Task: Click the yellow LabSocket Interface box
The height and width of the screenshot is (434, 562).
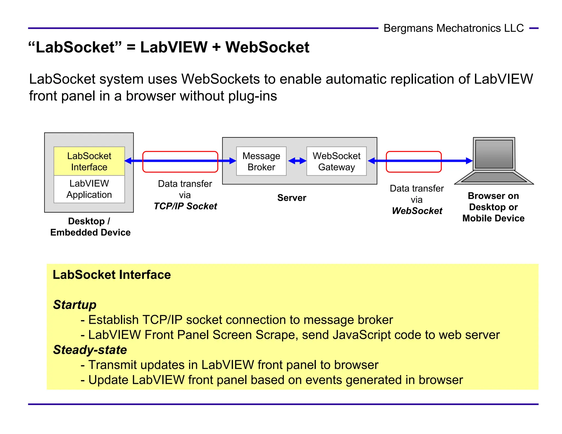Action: pos(89,161)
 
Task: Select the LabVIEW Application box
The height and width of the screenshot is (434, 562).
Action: pos(89,189)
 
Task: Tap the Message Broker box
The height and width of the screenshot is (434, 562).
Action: pos(261,161)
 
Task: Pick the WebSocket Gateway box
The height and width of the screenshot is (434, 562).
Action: pos(336,161)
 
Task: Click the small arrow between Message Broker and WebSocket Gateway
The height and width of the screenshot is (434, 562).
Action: pos(297,161)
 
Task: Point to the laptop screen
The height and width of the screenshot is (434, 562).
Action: pos(494,154)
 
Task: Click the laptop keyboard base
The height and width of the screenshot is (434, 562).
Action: pos(494,177)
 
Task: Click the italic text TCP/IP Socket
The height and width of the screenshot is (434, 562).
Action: pos(185,206)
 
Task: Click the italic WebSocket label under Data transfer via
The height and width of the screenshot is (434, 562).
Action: pos(417,211)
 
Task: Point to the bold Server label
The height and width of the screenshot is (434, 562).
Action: pos(291,198)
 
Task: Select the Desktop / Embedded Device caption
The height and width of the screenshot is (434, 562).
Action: pos(90,227)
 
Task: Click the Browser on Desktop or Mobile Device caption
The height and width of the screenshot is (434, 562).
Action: pos(493,207)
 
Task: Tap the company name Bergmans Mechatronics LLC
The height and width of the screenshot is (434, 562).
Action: pos(453,28)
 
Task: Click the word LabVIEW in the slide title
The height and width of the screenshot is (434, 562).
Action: pos(174,47)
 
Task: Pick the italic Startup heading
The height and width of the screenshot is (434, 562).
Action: pos(75,305)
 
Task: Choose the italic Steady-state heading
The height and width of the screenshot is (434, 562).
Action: pos(90,350)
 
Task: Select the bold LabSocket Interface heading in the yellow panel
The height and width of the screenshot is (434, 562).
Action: pos(112,275)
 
